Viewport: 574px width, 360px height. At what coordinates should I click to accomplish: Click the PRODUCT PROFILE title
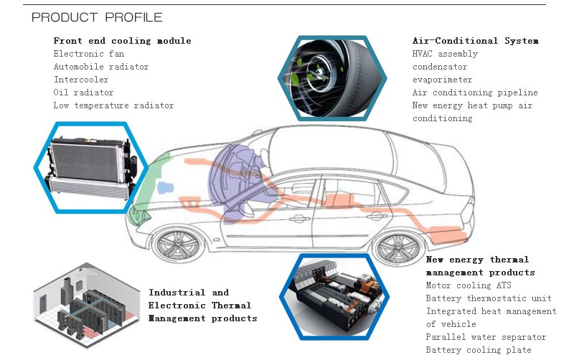pyautogui.click(x=97, y=16)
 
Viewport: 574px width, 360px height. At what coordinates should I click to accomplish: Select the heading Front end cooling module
pyautogui.click(x=122, y=41)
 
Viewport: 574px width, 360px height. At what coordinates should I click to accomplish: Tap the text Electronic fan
pyautogui.click(x=83, y=54)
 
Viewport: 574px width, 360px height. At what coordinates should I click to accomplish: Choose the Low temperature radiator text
pyautogui.click(x=113, y=105)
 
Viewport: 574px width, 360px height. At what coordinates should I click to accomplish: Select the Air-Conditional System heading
pyautogui.click(x=475, y=41)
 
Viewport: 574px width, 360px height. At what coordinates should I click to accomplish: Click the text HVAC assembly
pyautogui.click(x=445, y=54)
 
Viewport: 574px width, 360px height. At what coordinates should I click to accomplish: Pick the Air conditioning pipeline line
pyautogui.click(x=474, y=93)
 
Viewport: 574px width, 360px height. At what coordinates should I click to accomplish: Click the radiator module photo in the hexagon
pyautogui.click(x=91, y=167)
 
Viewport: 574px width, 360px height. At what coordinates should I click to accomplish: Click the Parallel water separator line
pyautogui.click(x=486, y=337)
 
